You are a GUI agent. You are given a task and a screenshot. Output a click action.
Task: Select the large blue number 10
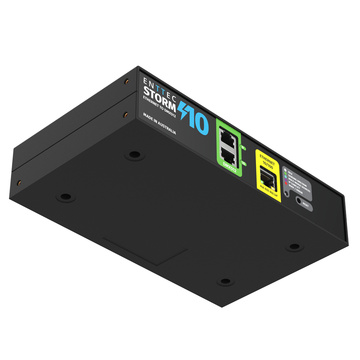pos(199,121)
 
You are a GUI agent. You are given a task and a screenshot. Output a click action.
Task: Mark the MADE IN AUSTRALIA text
pos(159,124)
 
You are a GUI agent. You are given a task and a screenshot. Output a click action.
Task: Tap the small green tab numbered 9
pos(243,148)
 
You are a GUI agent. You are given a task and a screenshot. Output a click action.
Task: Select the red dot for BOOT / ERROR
pos(285,184)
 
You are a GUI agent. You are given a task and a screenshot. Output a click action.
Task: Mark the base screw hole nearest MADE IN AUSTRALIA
pos(134,154)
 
